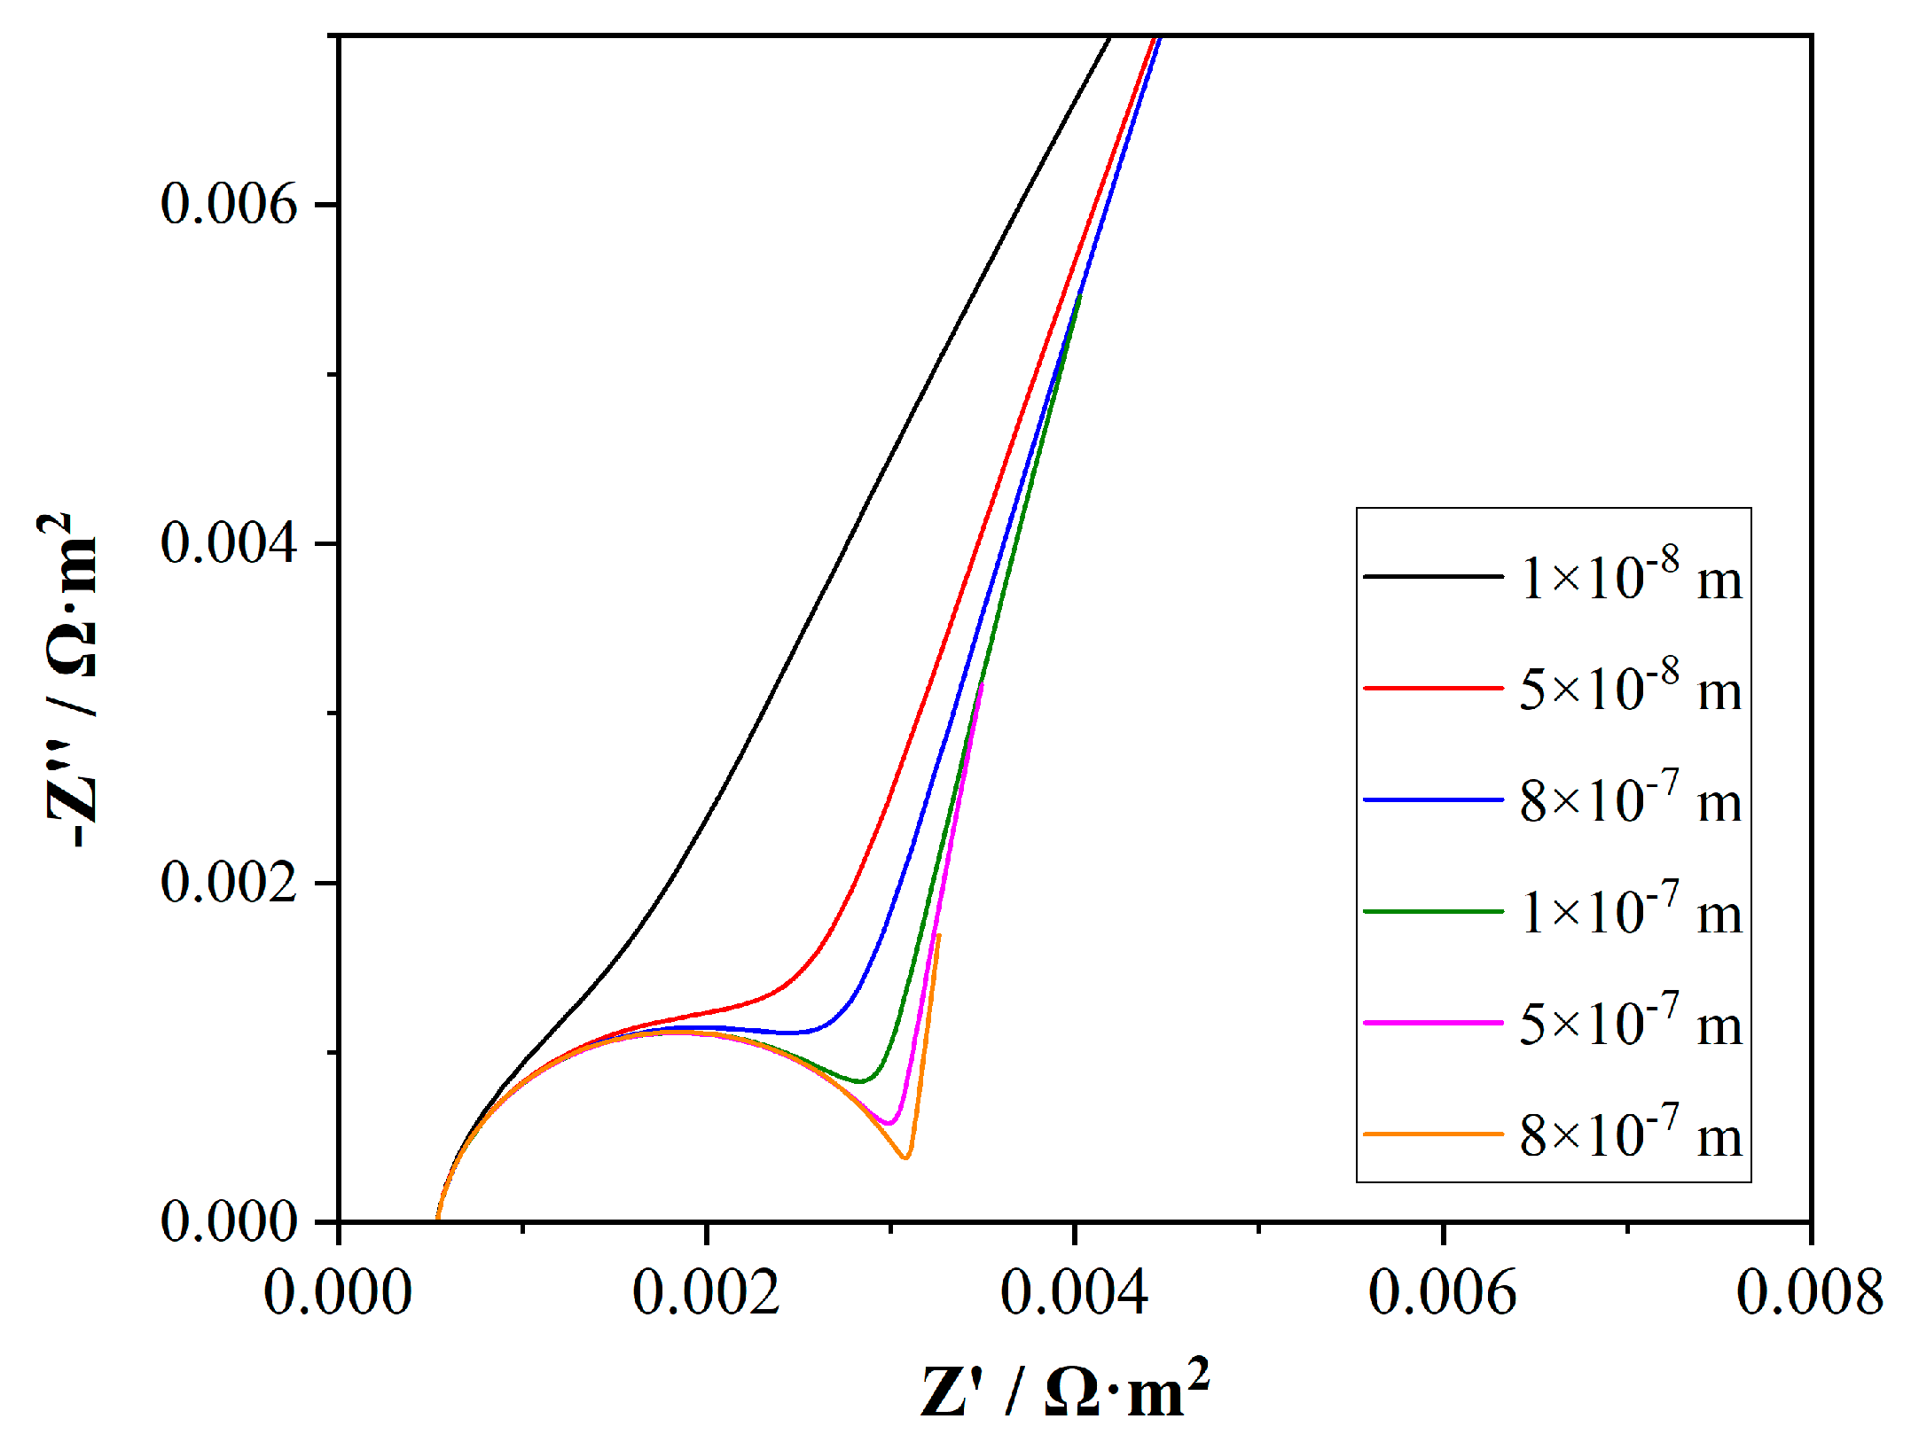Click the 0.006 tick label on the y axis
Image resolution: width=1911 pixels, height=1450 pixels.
(228, 205)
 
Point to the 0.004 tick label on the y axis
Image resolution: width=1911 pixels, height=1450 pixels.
(228, 543)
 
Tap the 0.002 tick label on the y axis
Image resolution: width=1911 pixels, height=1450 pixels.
(228, 883)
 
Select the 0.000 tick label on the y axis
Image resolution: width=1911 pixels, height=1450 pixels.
(228, 1221)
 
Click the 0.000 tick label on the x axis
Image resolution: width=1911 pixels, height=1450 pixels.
(338, 1293)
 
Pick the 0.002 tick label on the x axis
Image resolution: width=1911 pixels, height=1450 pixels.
(706, 1293)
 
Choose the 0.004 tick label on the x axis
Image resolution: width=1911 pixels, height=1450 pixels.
(1074, 1293)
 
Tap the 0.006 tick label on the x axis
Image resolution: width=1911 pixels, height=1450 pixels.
(1442, 1293)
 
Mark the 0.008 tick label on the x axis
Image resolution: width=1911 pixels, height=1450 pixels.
(1809, 1293)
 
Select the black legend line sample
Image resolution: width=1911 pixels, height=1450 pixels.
(1433, 577)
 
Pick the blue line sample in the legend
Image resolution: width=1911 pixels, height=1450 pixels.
(1433, 799)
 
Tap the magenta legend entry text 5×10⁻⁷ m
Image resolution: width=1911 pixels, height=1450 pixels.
(1630, 1023)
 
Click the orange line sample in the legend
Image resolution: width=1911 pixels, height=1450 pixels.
(1433, 1134)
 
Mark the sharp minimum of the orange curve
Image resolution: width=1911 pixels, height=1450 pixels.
(905, 1158)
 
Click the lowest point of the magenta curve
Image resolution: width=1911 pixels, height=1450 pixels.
(889, 1124)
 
